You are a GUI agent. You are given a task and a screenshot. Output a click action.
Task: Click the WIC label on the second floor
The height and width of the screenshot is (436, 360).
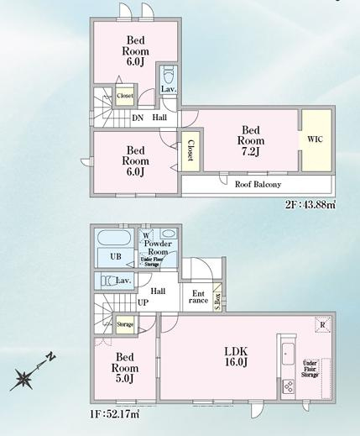tap(315, 139)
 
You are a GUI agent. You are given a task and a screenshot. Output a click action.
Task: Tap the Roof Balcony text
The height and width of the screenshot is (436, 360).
tap(258, 184)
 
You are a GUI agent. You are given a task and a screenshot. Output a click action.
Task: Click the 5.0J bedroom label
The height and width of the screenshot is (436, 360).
tap(127, 371)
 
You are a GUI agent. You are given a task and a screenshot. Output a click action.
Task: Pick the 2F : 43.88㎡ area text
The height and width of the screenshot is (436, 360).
tap(310, 203)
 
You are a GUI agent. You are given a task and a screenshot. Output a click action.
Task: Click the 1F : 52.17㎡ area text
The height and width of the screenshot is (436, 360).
tap(117, 414)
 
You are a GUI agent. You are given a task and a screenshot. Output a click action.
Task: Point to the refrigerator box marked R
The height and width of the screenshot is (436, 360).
tap(321, 325)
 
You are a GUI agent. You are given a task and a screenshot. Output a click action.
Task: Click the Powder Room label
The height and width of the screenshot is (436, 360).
tap(159, 248)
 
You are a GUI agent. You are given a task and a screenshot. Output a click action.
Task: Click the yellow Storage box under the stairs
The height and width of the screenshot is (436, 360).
tap(125, 323)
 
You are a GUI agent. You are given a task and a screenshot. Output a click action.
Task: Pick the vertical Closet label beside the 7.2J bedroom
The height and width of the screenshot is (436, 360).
tap(190, 150)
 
